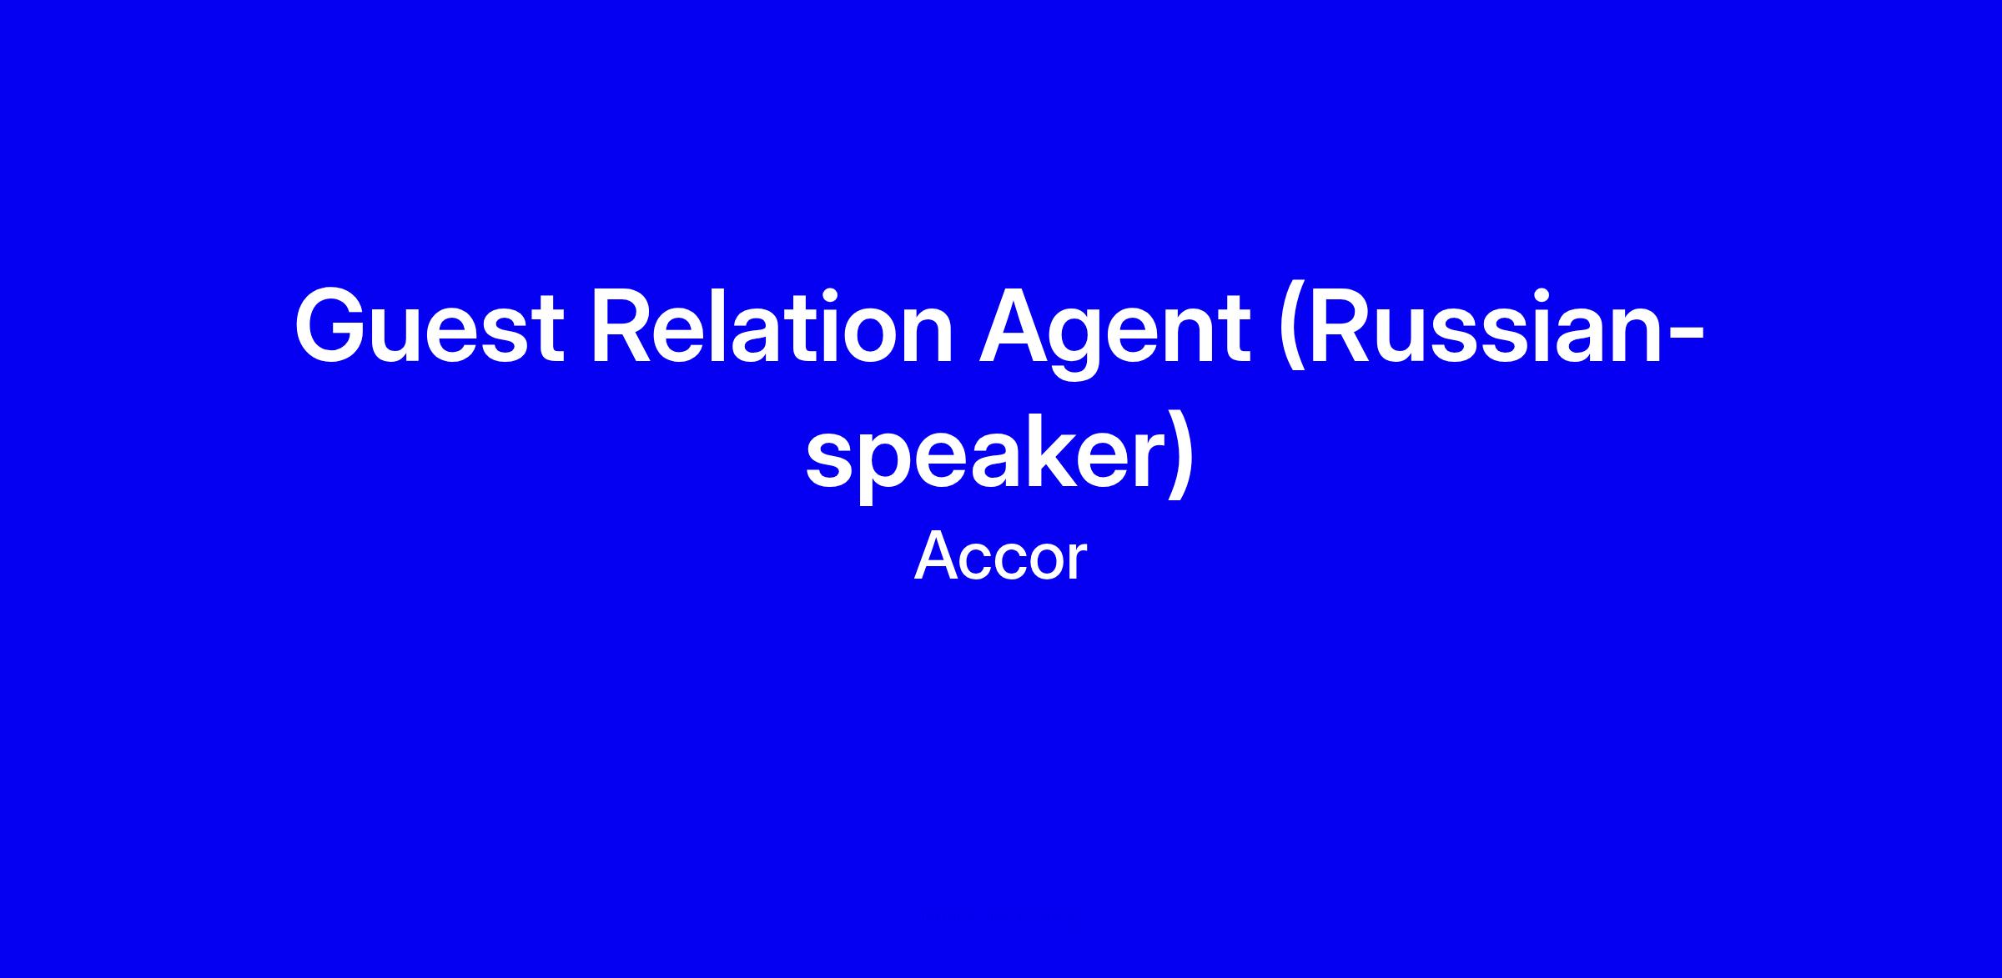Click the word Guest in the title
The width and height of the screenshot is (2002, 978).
[430, 326]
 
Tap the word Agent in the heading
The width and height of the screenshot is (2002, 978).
[1115, 332]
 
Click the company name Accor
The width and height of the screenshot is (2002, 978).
[1001, 557]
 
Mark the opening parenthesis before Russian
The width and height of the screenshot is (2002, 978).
[1290, 332]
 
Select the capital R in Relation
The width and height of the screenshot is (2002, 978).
[627, 326]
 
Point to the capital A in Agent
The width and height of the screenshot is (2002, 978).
[1017, 326]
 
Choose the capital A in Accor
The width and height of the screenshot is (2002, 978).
[938, 557]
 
